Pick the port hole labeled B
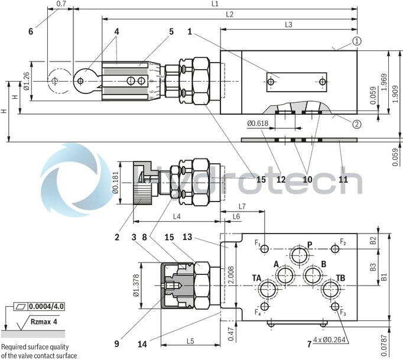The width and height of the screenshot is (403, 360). (x=311, y=275)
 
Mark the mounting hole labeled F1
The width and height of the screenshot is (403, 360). (x=266, y=248)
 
